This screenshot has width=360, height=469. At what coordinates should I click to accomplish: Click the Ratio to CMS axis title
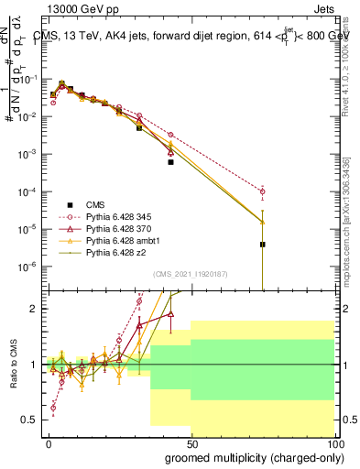[x=13, y=366]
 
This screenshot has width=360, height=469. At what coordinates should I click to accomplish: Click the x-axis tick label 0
[x=49, y=443]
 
